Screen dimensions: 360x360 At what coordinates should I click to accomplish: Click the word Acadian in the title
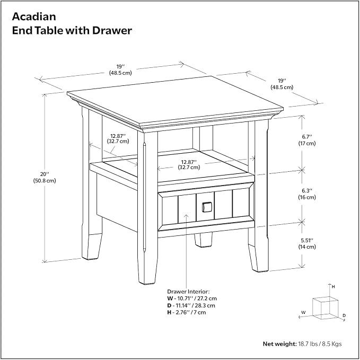tap(34, 17)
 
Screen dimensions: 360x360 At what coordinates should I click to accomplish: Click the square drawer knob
tap(206, 207)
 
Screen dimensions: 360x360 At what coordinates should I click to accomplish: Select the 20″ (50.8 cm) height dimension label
tap(45, 178)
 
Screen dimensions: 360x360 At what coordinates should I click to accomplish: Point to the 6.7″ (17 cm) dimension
tap(307, 140)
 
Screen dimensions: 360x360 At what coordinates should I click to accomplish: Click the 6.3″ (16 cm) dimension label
tap(307, 194)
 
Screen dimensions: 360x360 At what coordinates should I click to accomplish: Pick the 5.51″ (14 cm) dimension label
tap(307, 243)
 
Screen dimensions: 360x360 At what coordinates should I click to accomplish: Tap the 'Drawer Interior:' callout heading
tap(188, 292)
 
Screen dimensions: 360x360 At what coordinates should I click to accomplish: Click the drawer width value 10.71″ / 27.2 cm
tap(196, 298)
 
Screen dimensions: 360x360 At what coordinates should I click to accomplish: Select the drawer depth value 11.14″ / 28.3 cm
tap(195, 305)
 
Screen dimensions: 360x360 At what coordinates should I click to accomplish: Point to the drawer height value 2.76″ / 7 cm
tap(190, 312)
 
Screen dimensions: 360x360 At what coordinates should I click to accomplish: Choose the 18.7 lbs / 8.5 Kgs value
tap(320, 344)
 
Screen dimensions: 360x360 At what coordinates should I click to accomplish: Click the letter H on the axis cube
tap(333, 287)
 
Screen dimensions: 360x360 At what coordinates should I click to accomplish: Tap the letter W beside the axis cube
tap(303, 312)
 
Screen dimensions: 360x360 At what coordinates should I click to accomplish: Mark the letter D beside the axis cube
tap(344, 315)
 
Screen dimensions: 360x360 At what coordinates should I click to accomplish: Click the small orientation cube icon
tap(326, 308)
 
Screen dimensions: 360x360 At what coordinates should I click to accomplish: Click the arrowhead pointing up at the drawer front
tap(187, 216)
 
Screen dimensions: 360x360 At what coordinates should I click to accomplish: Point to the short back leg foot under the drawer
tap(203, 240)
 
